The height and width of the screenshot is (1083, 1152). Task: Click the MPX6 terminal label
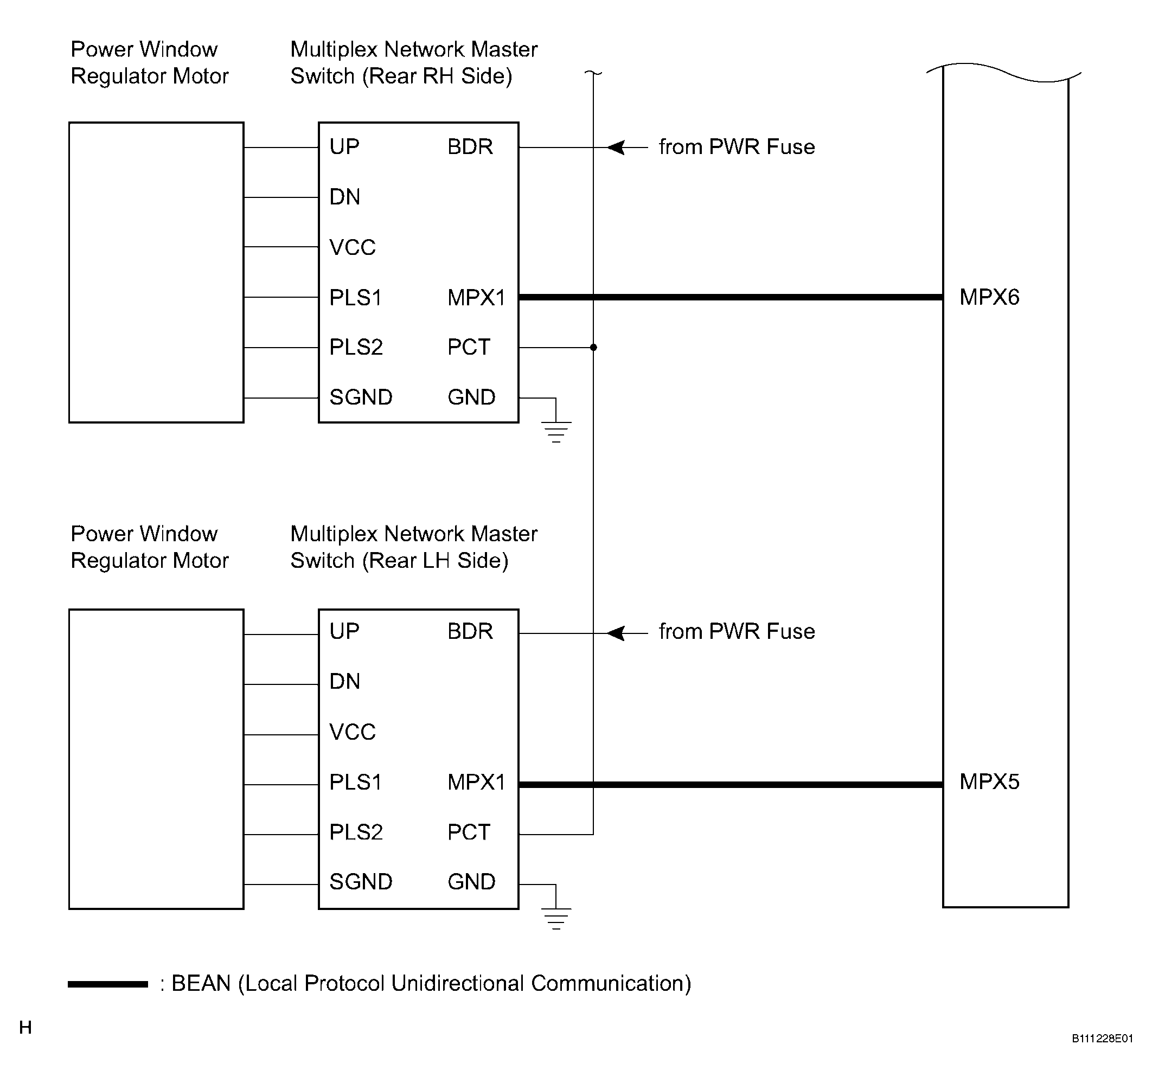point(989,297)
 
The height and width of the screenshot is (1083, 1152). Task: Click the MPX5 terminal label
point(989,781)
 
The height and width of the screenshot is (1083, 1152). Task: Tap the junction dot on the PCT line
point(593,348)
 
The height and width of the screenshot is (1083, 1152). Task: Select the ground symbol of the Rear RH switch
point(556,432)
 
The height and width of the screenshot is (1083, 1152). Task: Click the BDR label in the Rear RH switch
point(470,147)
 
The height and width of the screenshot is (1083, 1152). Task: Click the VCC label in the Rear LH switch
point(353,732)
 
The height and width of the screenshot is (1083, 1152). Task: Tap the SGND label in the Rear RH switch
point(361,398)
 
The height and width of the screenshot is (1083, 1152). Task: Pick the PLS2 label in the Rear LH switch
point(356,832)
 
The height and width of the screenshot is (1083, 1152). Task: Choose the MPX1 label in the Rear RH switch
point(476,298)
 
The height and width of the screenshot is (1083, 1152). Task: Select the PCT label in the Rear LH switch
point(469,832)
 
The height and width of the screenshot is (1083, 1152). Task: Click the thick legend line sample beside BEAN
point(108,984)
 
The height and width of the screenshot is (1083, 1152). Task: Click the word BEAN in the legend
point(201,984)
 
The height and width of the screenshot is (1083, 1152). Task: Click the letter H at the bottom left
point(25,1027)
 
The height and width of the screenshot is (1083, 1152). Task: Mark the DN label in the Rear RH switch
point(345,197)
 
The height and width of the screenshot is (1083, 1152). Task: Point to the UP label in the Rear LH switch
point(344,631)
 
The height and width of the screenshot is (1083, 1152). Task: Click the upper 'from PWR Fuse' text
point(737,147)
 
